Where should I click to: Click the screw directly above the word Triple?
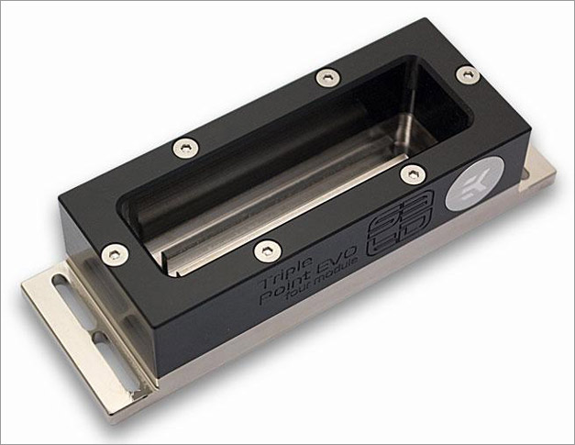pyautogui.click(x=267, y=248)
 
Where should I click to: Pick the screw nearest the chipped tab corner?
pyautogui.click(x=114, y=249)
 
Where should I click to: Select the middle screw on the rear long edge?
pyautogui.click(x=325, y=77)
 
